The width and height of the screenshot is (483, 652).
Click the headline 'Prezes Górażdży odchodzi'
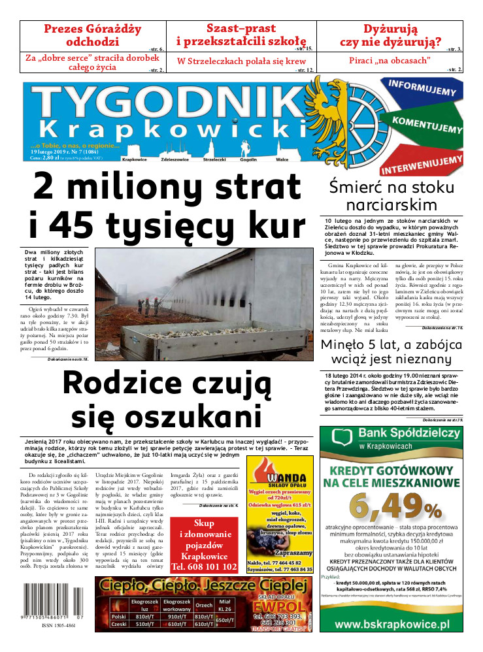(x=92, y=35)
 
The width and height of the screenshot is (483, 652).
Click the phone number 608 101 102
(x=203, y=566)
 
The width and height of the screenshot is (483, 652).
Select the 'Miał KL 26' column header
(x=224, y=604)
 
